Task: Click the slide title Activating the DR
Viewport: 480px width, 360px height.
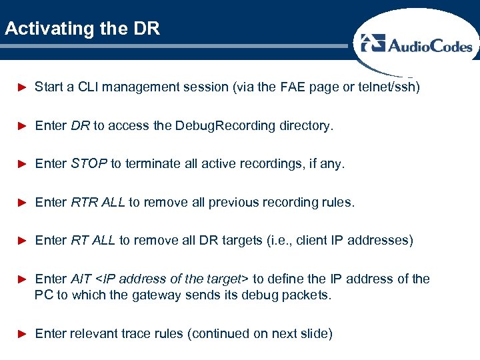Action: [x=82, y=29]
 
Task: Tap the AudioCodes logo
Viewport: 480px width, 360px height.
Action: [x=417, y=45]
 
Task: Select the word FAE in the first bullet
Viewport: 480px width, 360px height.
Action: [x=294, y=87]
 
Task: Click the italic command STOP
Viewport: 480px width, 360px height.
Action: [x=89, y=163]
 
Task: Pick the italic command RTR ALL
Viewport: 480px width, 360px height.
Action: [x=98, y=202]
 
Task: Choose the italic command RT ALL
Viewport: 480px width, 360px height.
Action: [x=93, y=240]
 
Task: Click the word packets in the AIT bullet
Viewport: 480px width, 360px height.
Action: [x=306, y=295]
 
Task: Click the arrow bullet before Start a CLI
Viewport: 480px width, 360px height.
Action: [x=21, y=87]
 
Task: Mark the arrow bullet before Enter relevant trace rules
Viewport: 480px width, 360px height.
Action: [x=21, y=333]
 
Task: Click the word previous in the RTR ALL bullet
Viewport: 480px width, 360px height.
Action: [x=231, y=202]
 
